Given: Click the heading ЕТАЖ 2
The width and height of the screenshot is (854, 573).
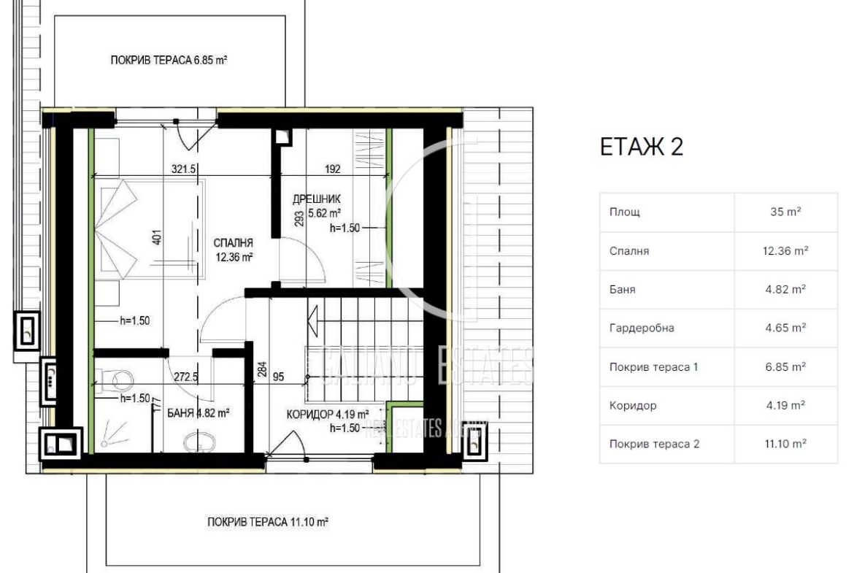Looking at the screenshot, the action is coord(641,147).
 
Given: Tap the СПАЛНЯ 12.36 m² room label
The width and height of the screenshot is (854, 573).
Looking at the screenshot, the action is coord(234,250).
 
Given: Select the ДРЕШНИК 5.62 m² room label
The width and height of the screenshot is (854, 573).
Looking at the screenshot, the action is coord(317,206).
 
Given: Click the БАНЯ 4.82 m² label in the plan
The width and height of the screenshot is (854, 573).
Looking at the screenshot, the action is coord(198,413).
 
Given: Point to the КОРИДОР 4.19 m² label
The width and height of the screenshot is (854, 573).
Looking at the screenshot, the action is coord(327,415).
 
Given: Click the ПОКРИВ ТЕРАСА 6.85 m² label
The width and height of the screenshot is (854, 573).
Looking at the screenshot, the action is coord(169,60).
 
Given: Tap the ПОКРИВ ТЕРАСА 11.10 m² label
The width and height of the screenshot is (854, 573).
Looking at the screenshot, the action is coord(267,522).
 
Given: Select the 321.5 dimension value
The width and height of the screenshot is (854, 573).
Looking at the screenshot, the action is coord(183,169).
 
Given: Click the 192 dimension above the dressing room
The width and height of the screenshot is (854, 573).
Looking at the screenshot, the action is coord(333,169).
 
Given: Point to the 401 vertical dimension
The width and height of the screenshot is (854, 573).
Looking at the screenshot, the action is coord(157,237).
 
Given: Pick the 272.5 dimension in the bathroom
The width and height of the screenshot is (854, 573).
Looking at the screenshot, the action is coord(185,377).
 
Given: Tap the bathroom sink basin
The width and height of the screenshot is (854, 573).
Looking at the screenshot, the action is coord(199,442).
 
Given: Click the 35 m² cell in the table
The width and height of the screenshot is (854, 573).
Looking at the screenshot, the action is coord(785,212).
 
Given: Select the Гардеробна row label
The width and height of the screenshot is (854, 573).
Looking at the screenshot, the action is coord(642,328).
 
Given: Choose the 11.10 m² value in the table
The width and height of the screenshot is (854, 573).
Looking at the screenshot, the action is coord(785,444).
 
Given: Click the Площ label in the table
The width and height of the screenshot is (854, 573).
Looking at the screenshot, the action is coord(625,212).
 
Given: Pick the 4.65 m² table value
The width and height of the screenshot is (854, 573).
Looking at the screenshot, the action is coord(785,328).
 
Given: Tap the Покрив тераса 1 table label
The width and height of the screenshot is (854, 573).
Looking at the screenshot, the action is coord(653,367).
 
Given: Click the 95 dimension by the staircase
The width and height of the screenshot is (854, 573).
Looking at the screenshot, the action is coord(278,377).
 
